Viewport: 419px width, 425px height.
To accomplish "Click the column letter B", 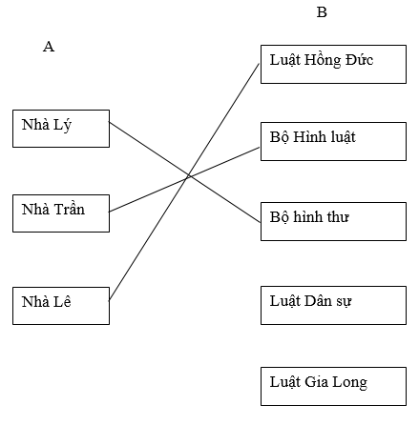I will pos(322,12).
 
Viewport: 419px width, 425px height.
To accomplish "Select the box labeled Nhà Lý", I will pos(61,129).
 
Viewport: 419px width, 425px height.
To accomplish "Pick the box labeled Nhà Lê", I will pos(61,305).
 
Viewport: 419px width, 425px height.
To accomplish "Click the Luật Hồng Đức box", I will pos(333,64).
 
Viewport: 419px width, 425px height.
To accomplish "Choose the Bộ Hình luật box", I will pos(333,140).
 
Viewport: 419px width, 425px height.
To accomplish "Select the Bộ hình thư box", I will pos(333,220).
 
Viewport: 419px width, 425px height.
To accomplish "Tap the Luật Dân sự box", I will pos(333,304).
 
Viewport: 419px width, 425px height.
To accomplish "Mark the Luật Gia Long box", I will pos(333,385).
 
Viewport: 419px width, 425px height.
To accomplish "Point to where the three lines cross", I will pos(189,176).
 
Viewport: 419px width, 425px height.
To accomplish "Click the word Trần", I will pos(68,210).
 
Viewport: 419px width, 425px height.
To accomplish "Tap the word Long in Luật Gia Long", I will pos(350,383).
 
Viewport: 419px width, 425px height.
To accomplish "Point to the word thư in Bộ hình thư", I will pos(335,217).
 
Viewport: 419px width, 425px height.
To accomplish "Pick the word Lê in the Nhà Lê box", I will pos(63,302).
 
